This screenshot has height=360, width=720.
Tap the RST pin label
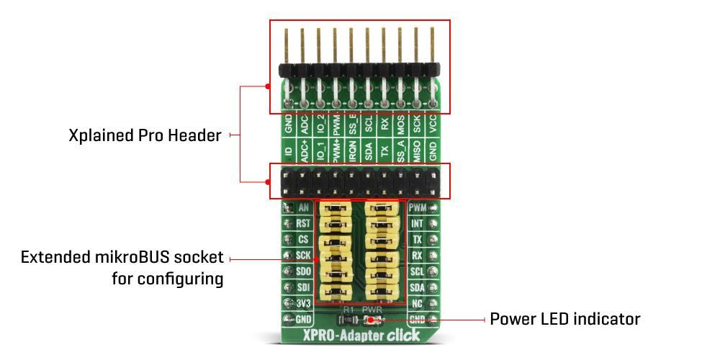304,224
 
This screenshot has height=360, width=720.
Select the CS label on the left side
304,240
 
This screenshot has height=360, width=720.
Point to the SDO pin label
304,271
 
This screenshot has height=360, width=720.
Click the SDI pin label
304,287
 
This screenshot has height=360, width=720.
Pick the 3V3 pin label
304,303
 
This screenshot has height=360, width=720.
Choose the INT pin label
417,224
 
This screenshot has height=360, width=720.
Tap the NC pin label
417,303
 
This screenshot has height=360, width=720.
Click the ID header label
288,153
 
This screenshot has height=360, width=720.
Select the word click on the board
408,335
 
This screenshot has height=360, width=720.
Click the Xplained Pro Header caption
145,135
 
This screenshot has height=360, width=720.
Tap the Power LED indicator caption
565,318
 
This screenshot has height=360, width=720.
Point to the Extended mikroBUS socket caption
122,258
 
